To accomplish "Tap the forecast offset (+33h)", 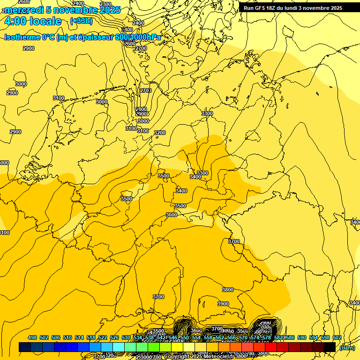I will coord(81,21).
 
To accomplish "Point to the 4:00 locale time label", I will coord(33,21).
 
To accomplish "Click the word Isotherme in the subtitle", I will coord(22,37).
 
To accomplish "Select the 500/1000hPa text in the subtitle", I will coord(141,37).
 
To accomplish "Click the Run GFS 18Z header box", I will coord(293,8).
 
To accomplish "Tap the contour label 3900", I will coord(223,304).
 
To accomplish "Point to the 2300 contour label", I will coord(106,4).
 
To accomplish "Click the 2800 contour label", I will coord(141,109).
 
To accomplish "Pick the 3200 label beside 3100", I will coord(160,133).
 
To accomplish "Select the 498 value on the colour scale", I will coord(32,337).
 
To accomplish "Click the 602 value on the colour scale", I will coord(337,337).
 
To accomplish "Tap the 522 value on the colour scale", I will coord(103,337).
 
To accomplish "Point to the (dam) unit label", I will coord(347,348).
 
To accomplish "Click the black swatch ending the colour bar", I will coord(330,347).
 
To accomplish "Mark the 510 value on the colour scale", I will coord(67,337).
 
